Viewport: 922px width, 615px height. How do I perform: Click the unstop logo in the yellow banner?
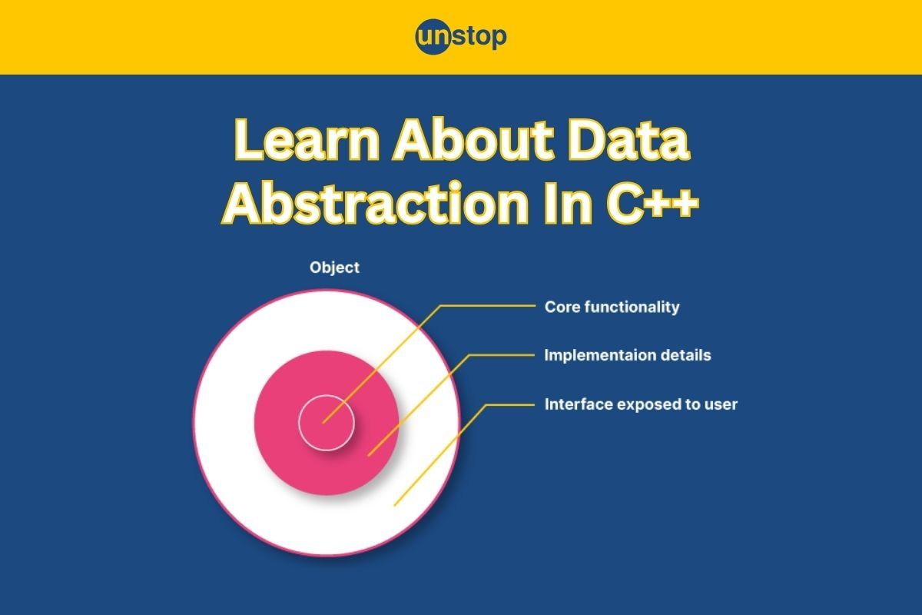click(x=461, y=37)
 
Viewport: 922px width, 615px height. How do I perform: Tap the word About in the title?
click(x=474, y=140)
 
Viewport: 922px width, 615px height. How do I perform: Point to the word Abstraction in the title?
click(x=376, y=203)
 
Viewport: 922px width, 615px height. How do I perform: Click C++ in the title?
click(x=652, y=203)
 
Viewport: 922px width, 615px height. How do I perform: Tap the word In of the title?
click(x=568, y=203)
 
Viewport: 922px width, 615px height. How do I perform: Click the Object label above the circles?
click(x=334, y=268)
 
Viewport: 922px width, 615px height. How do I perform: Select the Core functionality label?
click(x=612, y=307)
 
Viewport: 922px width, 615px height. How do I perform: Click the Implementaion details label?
click(x=627, y=355)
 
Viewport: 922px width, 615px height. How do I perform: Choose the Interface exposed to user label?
click(x=641, y=404)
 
